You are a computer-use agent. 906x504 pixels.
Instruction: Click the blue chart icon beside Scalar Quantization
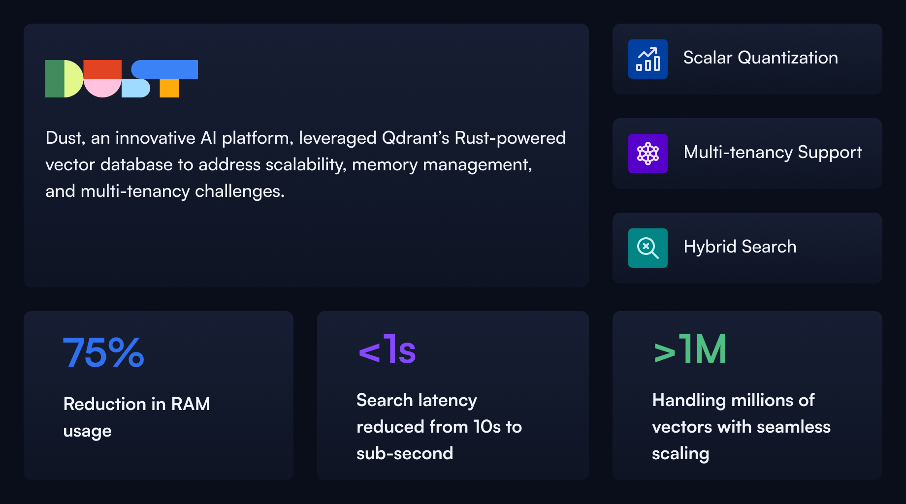click(647, 59)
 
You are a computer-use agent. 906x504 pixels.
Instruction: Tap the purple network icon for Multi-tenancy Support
click(647, 154)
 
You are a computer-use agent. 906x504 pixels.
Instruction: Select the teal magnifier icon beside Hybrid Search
click(647, 248)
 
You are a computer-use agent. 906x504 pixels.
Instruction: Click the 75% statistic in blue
click(103, 352)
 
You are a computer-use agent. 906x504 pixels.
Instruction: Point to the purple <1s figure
click(388, 350)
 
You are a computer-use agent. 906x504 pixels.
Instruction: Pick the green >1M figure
click(690, 350)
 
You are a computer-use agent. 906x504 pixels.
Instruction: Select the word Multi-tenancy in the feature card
click(738, 153)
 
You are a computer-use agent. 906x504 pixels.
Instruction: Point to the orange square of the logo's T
click(169, 88)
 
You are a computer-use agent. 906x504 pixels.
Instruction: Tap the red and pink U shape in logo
click(102, 79)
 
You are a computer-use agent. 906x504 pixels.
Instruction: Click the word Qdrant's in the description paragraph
click(415, 138)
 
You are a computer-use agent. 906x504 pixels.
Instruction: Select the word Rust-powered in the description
click(510, 138)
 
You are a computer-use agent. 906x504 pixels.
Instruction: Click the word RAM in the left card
click(190, 404)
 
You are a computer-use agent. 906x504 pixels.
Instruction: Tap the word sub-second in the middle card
click(404, 453)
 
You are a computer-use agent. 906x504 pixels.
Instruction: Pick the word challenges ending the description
click(239, 191)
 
